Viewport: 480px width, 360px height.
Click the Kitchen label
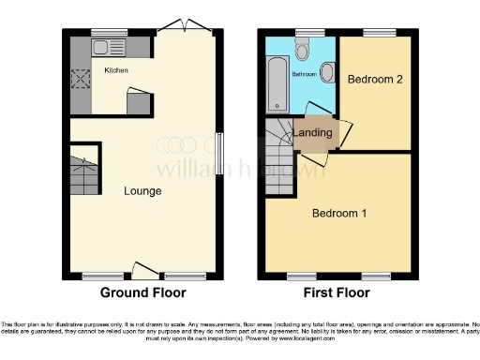(116, 70)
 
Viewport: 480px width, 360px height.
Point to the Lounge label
(142, 191)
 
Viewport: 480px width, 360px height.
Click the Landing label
(312, 133)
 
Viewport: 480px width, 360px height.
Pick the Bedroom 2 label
(375, 80)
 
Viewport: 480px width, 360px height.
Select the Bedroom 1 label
(338, 213)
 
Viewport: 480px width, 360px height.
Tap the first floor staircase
(278, 159)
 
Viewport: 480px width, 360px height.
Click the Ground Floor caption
(142, 292)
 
